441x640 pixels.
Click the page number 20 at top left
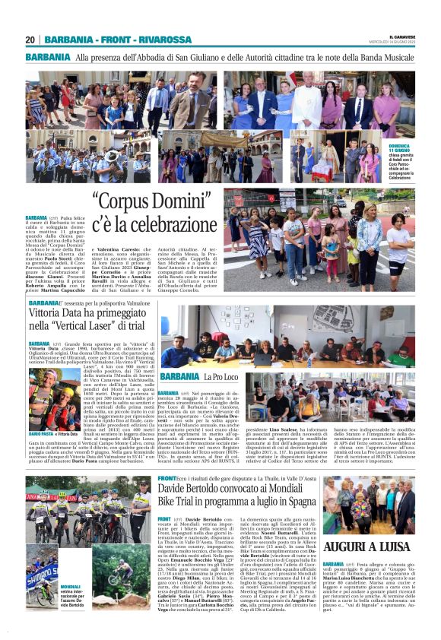click(30, 40)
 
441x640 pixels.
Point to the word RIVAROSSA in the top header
click(171, 40)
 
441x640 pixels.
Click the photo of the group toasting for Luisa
click(370, 505)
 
